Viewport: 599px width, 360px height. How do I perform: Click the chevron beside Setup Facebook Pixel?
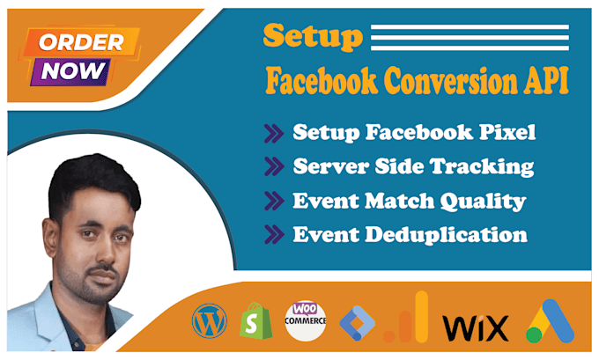[x=271, y=134]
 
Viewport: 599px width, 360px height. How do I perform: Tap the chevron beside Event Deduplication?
[x=271, y=235]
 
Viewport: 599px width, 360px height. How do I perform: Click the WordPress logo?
[x=209, y=322]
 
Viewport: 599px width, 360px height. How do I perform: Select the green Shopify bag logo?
[x=255, y=322]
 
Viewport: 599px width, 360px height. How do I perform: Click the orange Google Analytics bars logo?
[x=407, y=320]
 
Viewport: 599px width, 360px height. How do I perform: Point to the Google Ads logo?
[x=550, y=322]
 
